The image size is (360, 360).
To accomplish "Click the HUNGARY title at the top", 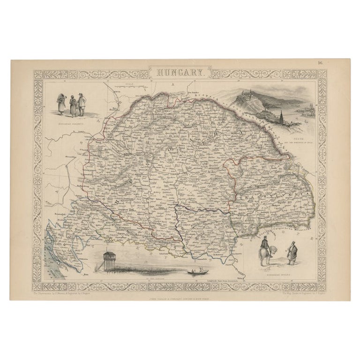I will pyautogui.click(x=180, y=73).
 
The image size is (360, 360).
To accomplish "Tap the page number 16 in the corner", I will pyautogui.click(x=320, y=65).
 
